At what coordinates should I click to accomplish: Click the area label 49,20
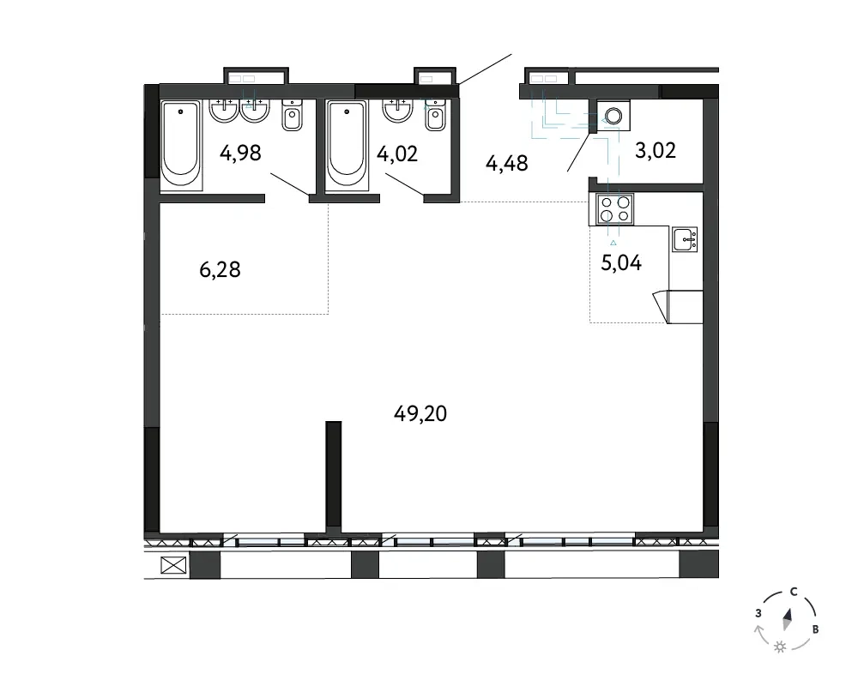tap(420, 413)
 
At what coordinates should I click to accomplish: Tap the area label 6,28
tap(220, 270)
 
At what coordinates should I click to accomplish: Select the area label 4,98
tap(240, 153)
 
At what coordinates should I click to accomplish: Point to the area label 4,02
tap(397, 153)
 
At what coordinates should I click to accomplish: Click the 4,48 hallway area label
tap(507, 163)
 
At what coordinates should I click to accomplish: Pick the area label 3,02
tap(656, 150)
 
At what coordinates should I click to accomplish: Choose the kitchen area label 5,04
tap(621, 263)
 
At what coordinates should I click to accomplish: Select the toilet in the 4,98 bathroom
tap(293, 115)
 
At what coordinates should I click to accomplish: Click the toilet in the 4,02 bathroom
tap(435, 115)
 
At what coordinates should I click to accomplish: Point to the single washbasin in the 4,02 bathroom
tap(397, 111)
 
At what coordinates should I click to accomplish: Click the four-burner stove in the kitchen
tap(614, 209)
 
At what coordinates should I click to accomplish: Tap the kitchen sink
tap(685, 239)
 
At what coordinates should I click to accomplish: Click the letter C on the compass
tap(794, 592)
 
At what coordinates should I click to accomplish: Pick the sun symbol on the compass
tap(780, 647)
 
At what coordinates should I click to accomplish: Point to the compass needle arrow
tap(788, 619)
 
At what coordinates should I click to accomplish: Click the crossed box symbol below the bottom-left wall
tap(173, 565)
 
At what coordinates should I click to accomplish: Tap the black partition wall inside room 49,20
tap(333, 476)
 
